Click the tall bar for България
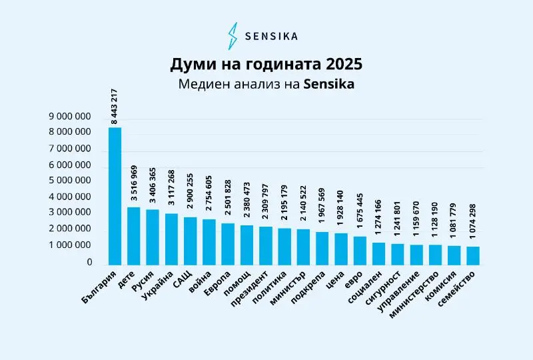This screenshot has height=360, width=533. (x=115, y=196)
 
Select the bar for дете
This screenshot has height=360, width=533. (x=134, y=236)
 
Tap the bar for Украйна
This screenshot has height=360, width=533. (x=171, y=239)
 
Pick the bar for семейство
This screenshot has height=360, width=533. (x=473, y=255)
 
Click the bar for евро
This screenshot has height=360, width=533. (x=360, y=250)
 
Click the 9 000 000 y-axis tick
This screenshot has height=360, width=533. (x=70, y=116)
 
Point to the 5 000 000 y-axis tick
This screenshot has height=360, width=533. (x=70, y=181)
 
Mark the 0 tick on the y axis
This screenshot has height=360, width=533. (x=89, y=262)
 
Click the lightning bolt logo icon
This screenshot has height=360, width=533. (x=233, y=36)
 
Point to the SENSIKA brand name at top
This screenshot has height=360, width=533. (x=272, y=36)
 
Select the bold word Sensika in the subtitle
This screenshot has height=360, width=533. (x=328, y=85)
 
